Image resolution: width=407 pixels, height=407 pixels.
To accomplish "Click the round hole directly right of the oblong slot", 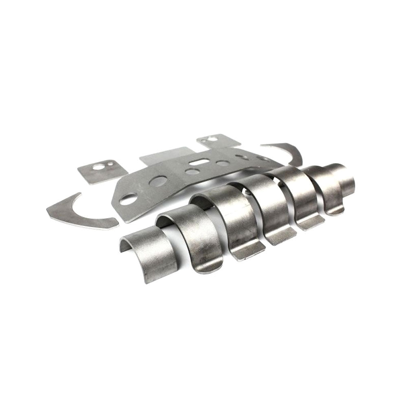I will coord(222,164).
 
